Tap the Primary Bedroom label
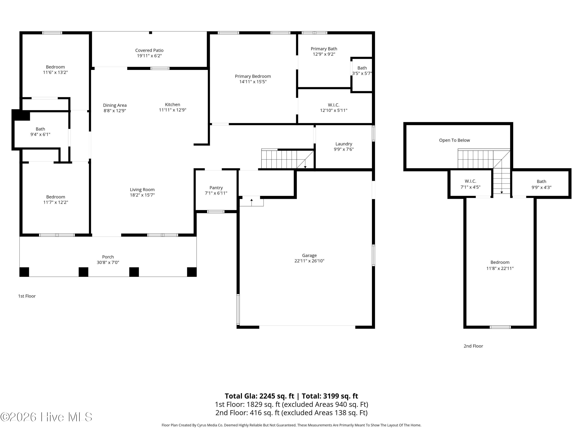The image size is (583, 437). (x=253, y=76)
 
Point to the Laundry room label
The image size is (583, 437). (x=344, y=144)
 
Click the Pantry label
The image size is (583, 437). (x=216, y=188)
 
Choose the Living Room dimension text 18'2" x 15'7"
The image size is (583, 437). (x=142, y=195)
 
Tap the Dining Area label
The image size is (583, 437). (x=115, y=105)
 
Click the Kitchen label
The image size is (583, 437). (x=173, y=104)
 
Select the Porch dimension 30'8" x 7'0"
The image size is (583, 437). (x=108, y=262)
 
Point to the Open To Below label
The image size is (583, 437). (x=454, y=140)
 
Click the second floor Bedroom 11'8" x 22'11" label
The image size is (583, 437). (x=500, y=265)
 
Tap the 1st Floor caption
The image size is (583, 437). (x=27, y=296)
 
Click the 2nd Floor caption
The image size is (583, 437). (x=473, y=346)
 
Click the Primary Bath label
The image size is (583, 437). (x=324, y=49)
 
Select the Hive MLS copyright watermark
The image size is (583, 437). (x=46, y=417)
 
